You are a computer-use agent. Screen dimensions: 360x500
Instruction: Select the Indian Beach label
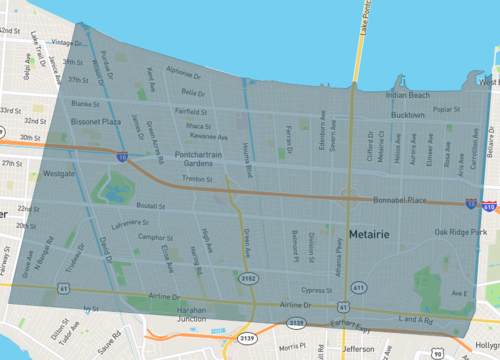[x=407, y=95]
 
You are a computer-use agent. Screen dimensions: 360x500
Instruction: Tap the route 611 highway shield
[x=358, y=287]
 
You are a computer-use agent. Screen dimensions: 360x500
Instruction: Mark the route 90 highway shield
[x=437, y=353]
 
